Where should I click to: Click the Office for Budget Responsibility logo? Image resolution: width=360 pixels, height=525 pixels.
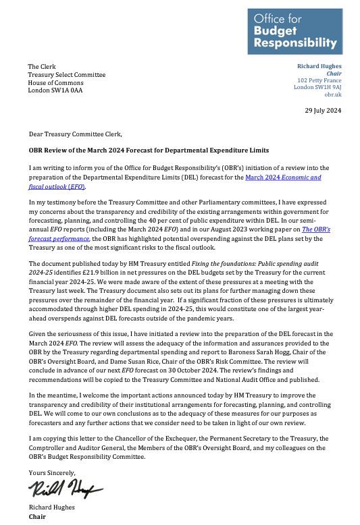tap(294, 31)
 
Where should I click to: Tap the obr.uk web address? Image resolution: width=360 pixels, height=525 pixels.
tap(333, 95)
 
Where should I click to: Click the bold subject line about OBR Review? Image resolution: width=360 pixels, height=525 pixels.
tap(149, 150)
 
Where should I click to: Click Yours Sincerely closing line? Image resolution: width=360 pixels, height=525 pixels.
tap(52, 472)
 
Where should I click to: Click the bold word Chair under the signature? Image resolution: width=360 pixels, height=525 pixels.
tap(36, 517)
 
